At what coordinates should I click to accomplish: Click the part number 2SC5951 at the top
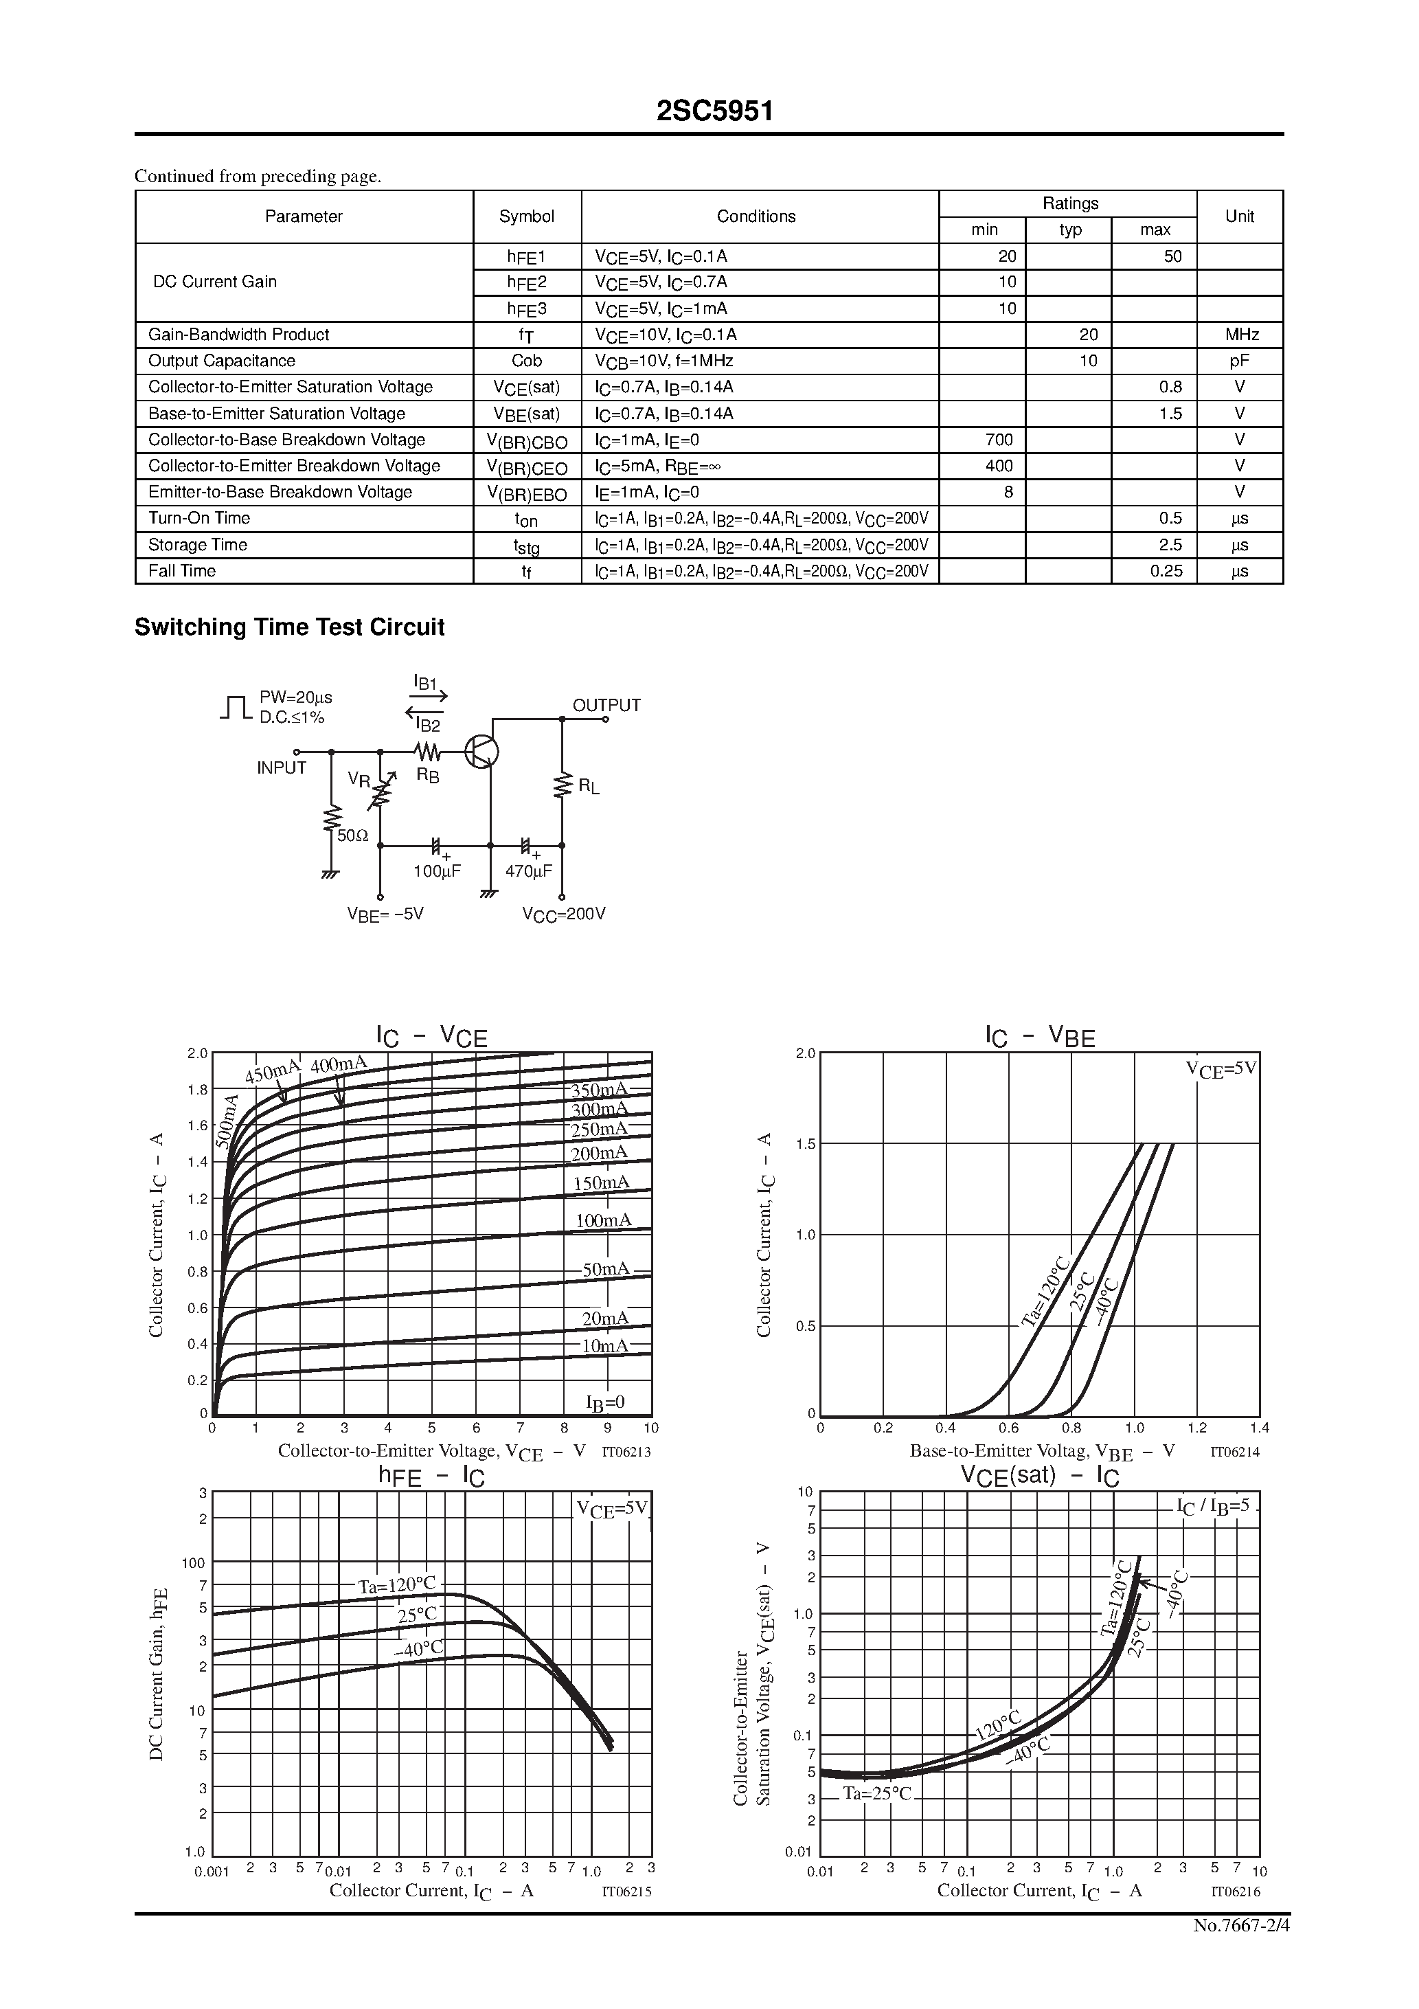click(x=715, y=111)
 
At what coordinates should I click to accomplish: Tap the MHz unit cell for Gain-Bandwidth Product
click(x=1241, y=335)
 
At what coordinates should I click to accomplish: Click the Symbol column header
click(x=527, y=217)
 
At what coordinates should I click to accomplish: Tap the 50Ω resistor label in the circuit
click(x=352, y=835)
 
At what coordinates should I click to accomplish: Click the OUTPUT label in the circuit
click(x=606, y=705)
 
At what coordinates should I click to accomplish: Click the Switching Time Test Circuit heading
click(x=290, y=627)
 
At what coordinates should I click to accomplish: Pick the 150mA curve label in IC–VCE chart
click(x=601, y=1183)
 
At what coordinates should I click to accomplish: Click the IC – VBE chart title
click(x=1040, y=1037)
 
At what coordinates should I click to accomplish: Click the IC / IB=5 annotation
click(x=1214, y=1507)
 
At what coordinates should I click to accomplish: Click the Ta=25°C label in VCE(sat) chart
click(x=878, y=1795)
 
